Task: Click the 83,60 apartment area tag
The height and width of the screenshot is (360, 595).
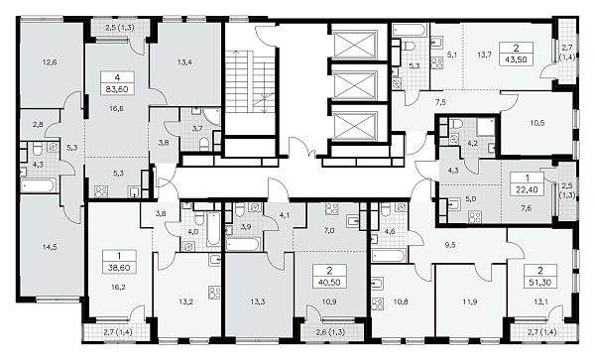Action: tap(118, 83)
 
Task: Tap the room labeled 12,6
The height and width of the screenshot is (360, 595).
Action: tap(50, 61)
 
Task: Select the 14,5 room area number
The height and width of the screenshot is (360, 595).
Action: tap(50, 247)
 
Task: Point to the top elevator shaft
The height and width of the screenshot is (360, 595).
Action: tap(354, 42)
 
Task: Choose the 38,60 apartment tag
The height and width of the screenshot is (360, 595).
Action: tap(119, 262)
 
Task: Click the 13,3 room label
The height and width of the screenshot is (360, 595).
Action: tap(258, 301)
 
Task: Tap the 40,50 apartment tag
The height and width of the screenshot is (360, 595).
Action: tap(329, 276)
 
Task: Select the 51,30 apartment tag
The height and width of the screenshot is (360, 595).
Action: tap(540, 276)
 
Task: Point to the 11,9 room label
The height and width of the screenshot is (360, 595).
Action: tap(470, 301)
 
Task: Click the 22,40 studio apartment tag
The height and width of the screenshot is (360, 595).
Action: tap(528, 183)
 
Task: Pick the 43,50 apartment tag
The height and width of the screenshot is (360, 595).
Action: tap(516, 54)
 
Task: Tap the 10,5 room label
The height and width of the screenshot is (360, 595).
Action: tap(536, 123)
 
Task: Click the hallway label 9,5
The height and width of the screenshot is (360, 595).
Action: tap(450, 245)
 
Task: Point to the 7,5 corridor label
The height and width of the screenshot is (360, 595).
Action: tap(440, 102)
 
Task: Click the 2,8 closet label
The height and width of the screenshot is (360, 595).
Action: tap(38, 124)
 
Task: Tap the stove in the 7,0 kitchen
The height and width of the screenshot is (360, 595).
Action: tap(331, 209)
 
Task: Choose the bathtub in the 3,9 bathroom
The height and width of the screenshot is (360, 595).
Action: tap(243, 244)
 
